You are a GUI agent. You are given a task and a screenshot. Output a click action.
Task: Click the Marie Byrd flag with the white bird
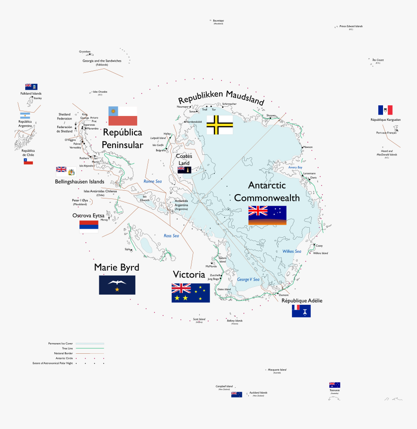[x=117, y=285]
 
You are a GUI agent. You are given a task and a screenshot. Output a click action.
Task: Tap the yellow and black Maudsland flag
[x=219, y=125]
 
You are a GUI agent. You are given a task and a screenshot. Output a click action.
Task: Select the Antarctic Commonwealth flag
[x=267, y=215]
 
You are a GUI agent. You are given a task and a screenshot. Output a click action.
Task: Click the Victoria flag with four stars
[x=191, y=293]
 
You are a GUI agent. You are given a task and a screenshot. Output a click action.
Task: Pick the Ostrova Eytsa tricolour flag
[x=89, y=227]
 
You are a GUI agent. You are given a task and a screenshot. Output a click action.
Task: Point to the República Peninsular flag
[x=123, y=116]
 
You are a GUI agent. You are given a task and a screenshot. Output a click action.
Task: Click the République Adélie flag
[x=301, y=311]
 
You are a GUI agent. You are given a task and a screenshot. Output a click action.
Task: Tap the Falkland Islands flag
[x=31, y=86]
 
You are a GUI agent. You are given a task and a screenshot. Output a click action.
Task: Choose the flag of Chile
[x=28, y=161]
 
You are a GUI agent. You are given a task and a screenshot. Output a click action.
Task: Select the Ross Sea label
[x=171, y=236]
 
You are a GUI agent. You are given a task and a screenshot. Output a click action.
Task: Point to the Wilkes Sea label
[x=291, y=251]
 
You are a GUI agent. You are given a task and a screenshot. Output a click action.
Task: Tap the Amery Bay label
[x=295, y=167]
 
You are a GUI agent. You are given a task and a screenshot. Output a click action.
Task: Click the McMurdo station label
[x=211, y=266]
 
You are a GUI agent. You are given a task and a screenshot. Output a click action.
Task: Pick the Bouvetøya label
[x=218, y=20]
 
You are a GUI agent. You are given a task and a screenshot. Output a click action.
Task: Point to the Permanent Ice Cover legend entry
[x=61, y=344]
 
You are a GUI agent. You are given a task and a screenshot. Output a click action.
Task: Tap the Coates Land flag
[x=184, y=170]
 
